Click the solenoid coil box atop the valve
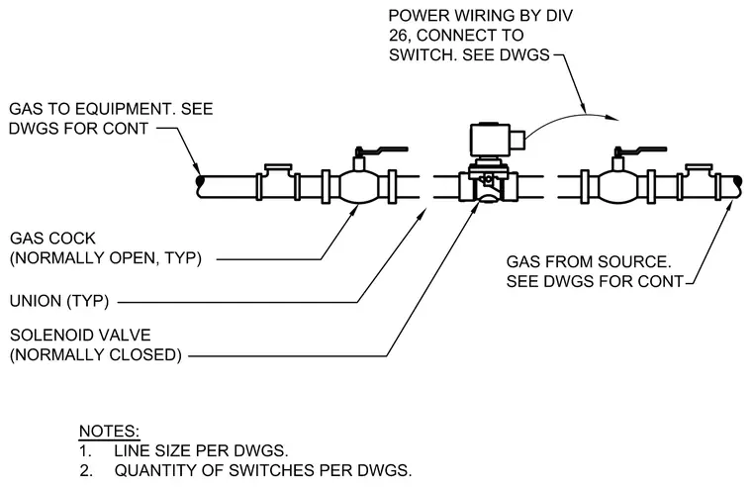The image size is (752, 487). coord(492,140)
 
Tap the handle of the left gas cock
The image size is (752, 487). coord(382,151)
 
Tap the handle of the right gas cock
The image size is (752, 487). coord(641,151)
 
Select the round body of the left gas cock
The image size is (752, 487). coord(359,187)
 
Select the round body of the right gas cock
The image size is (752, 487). coord(618,187)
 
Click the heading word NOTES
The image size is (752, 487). coord(110,431)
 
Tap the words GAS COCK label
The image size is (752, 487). coord(52,239)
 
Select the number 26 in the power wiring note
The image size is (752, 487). coord(398,36)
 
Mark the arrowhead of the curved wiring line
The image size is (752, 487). coord(612,118)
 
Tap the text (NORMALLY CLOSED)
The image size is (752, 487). coord(96,354)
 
